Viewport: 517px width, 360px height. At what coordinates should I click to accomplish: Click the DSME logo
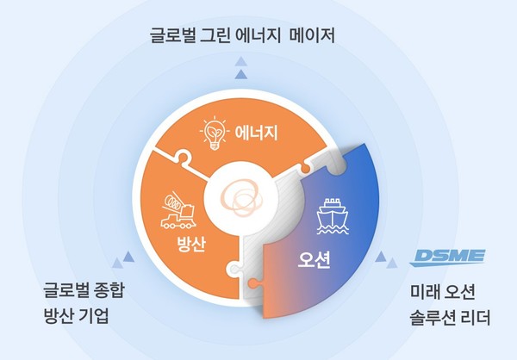point(447,258)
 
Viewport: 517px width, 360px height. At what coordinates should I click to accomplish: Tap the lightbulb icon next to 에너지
point(215,133)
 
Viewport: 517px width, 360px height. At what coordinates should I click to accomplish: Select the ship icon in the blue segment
point(333,216)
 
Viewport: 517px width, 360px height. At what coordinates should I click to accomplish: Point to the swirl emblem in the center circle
point(241,199)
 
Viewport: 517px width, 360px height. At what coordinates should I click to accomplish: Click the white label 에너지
point(256,133)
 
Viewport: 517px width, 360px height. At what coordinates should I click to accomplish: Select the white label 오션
point(314,260)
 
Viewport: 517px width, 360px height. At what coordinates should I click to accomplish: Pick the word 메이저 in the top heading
point(312,35)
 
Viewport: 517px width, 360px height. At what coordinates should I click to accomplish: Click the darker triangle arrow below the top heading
point(241,74)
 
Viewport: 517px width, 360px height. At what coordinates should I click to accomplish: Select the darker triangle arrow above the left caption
point(128,257)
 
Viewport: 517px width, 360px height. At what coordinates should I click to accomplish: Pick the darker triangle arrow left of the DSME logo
point(381,257)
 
